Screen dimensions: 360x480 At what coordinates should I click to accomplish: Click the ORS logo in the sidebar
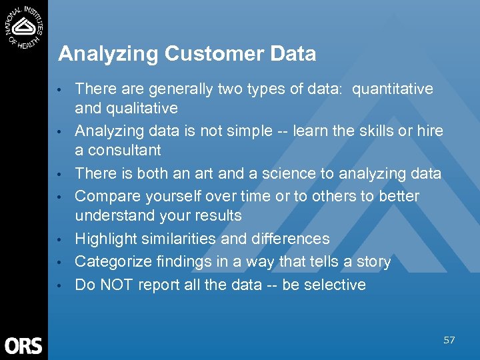23,345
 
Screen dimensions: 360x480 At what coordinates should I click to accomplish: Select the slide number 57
449,341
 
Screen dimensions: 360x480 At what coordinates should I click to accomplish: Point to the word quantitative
392,89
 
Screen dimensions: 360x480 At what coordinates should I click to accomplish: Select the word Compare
105,197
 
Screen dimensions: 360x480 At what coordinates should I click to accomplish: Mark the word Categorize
110,262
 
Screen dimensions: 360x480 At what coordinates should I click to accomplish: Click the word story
373,262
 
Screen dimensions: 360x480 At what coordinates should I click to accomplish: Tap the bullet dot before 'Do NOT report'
60,286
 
